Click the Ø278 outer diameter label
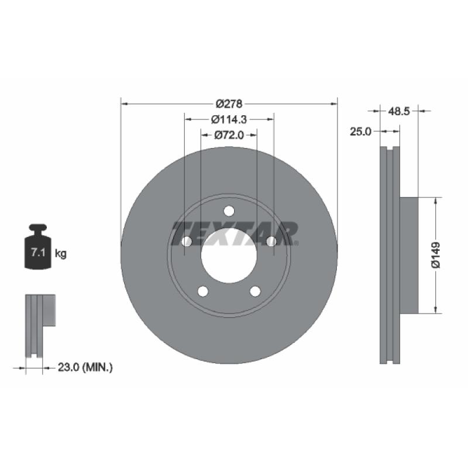pyautogui.click(x=229, y=104)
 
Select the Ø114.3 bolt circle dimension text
pyautogui.click(x=229, y=119)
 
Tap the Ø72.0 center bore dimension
pyautogui.click(x=229, y=135)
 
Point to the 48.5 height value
pyautogui.click(x=399, y=109)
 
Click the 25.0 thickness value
pyautogui.click(x=360, y=132)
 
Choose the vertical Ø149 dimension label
pyautogui.click(x=436, y=254)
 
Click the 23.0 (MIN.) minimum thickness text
pyautogui.click(x=85, y=367)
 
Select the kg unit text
pyautogui.click(x=60, y=254)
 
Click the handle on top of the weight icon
pyautogui.click(x=37, y=228)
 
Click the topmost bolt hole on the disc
pyautogui.click(x=229, y=211)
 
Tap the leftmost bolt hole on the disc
pyautogui.click(x=187, y=242)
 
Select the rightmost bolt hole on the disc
pyautogui.click(x=271, y=242)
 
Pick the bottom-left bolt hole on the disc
pyautogui.click(x=203, y=291)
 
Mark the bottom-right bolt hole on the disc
pyautogui.click(x=255, y=291)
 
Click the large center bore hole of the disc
pyautogui.click(x=229, y=255)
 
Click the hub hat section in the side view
pyautogui.click(x=409, y=254)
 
